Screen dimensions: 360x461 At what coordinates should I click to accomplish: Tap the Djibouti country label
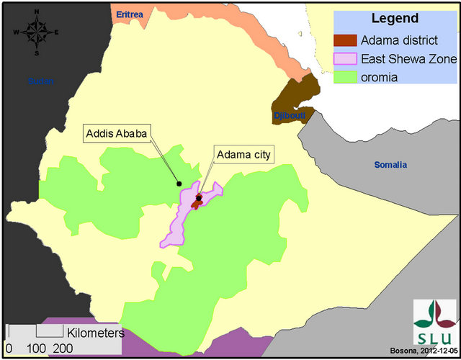coord(289,116)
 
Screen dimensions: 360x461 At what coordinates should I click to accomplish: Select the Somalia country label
coord(390,165)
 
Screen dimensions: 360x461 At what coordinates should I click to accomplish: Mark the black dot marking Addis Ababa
coord(179,184)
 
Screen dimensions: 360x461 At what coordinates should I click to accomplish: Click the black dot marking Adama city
coord(199,198)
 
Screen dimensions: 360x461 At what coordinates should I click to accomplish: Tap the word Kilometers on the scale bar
coord(96,333)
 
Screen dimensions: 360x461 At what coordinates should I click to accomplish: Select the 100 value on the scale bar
coord(36,348)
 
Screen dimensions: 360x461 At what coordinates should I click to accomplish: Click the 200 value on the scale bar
coord(63,348)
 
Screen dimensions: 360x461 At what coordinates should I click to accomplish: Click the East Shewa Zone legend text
coord(408,57)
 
